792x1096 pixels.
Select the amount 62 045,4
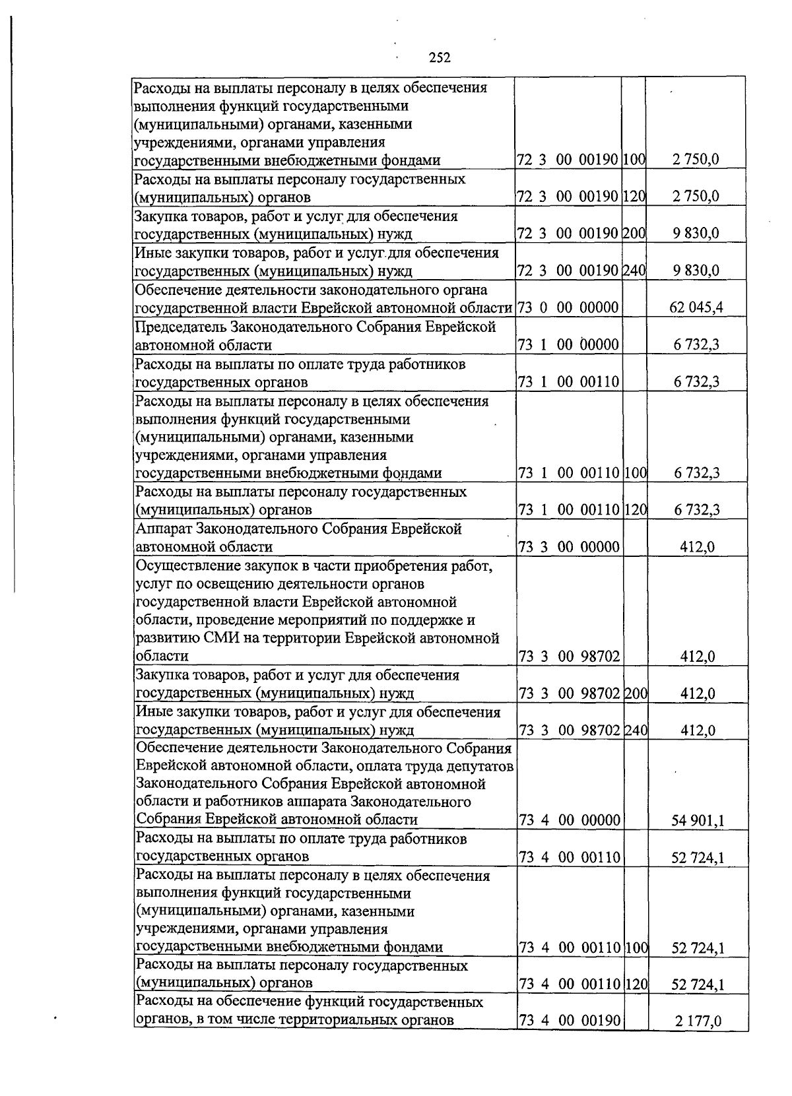tap(696, 307)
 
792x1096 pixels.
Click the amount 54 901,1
tap(698, 820)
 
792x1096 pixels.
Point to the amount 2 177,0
tap(698, 1040)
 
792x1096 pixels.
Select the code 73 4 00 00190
tap(570, 1040)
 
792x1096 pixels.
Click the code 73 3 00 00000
tap(570, 546)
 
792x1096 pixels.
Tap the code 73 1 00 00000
tap(568, 344)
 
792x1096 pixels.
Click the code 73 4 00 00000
tap(570, 820)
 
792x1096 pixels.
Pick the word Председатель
tap(180, 327)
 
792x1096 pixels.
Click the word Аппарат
tap(160, 529)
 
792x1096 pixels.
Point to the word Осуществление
tap(183, 565)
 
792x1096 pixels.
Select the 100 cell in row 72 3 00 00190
tap(634, 160)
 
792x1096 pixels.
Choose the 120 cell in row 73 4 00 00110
tap(635, 984)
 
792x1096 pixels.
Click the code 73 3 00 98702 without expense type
tap(570, 656)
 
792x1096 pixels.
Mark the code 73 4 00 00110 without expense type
tap(570, 857)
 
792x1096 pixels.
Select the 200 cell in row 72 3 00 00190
tap(634, 234)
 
